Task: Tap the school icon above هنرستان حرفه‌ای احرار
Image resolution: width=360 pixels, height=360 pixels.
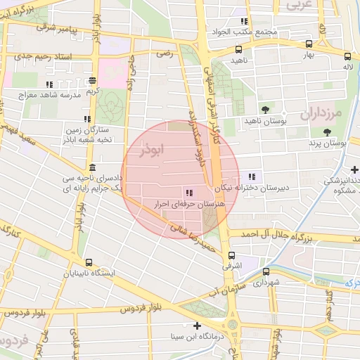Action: click(188, 193)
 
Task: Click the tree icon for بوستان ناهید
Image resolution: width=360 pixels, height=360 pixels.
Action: click(265, 110)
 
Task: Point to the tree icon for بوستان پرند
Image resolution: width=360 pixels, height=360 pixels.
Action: click(326, 131)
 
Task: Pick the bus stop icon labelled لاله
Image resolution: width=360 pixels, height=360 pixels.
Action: click(347, 56)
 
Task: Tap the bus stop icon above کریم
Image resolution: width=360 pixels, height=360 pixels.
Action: click(94, 81)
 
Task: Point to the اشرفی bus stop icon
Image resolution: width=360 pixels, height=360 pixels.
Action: click(231, 256)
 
